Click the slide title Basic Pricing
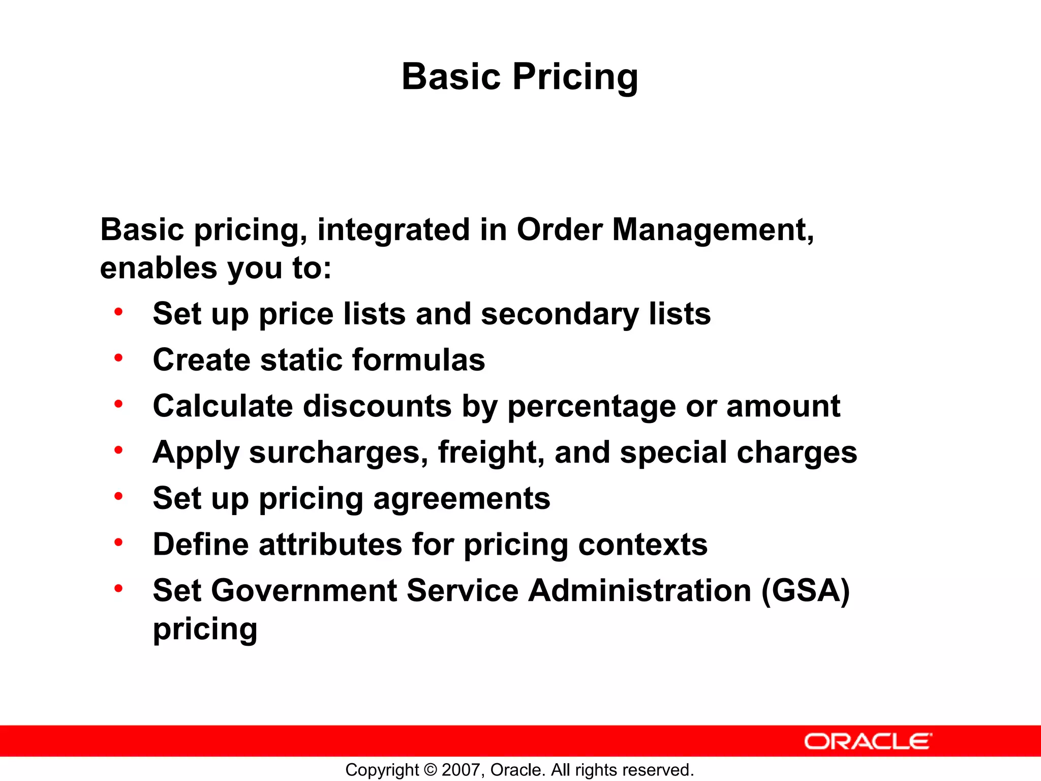click(x=519, y=77)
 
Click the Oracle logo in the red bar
click(x=868, y=741)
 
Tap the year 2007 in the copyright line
click(x=459, y=770)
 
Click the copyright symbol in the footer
click(x=430, y=770)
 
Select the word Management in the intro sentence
click(x=713, y=230)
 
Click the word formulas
click(x=418, y=360)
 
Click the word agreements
click(x=462, y=498)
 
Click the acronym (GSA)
click(x=805, y=591)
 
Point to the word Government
click(x=304, y=591)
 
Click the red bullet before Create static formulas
click(x=118, y=358)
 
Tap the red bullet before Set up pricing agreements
click(x=118, y=497)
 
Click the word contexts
click(x=642, y=545)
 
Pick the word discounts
click(x=377, y=406)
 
